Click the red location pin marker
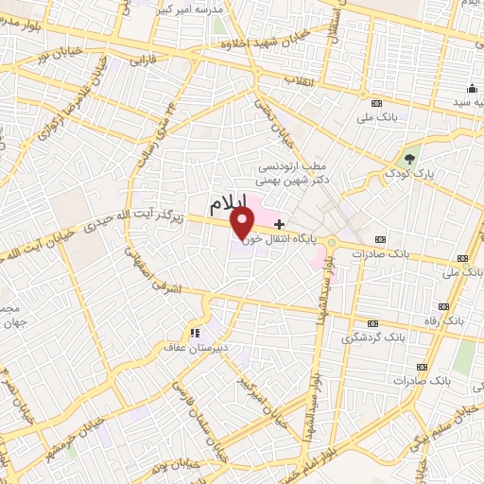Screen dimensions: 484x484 coord(244,224)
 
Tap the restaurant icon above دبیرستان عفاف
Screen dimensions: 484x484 coord(195,333)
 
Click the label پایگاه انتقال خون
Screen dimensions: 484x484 coord(279,238)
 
